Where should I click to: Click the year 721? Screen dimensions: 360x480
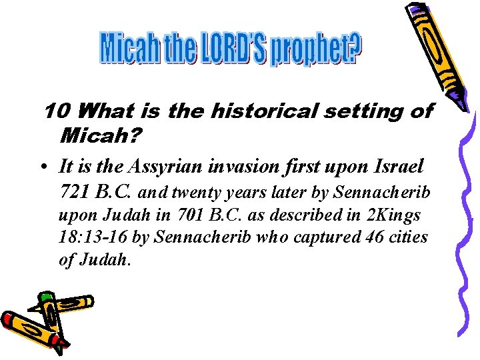tap(74, 193)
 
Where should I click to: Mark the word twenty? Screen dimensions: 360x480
tap(198, 193)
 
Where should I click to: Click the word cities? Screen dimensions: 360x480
tap(407, 238)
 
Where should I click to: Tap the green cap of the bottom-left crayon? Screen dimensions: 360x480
tap(45, 296)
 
